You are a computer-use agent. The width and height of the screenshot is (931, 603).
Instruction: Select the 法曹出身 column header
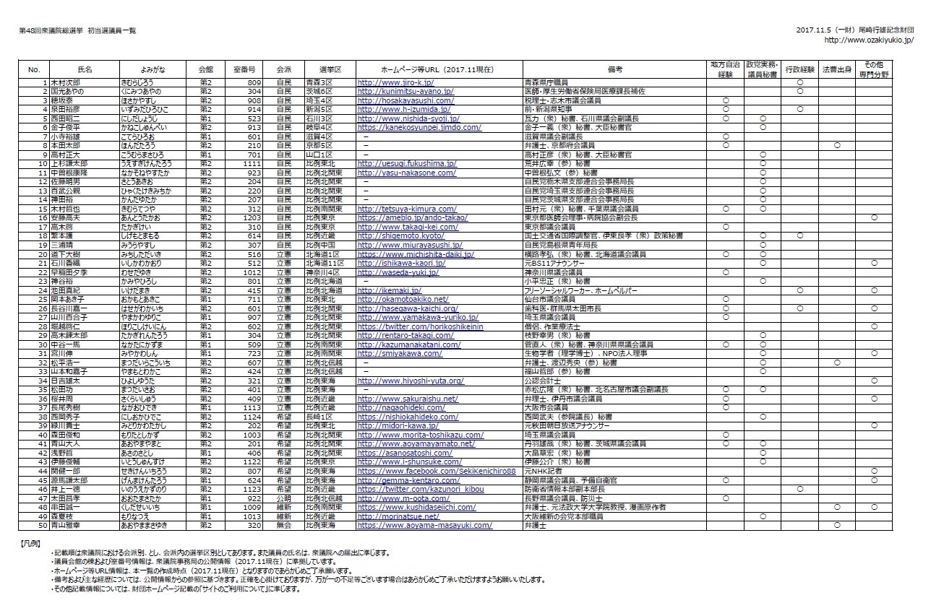pos(836,69)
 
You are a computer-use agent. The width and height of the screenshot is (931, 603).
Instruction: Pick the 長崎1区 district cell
pos(318,417)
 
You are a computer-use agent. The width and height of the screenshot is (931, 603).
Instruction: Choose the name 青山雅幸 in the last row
pos(66,525)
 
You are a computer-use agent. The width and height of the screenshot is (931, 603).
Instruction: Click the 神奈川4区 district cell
pos(322,272)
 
